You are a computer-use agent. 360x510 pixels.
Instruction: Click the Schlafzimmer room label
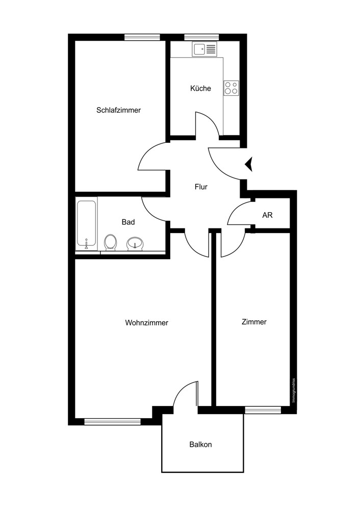pos(118,110)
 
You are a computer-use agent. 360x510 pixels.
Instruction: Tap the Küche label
pos(200,88)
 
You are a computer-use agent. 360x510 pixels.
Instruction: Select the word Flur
pos(201,187)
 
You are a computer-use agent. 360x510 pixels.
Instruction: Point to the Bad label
pos(128,222)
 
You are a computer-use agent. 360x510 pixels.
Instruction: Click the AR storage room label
pos(267,215)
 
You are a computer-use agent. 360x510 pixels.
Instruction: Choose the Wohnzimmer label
pos(146,323)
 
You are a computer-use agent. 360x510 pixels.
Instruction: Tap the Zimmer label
pos(254,322)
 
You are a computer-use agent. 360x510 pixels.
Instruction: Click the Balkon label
pos(200,444)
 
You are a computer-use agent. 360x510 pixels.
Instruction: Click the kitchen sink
pos(204,49)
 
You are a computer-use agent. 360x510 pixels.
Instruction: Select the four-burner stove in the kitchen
pos(231,88)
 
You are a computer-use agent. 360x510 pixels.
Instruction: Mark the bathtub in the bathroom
pos(87,224)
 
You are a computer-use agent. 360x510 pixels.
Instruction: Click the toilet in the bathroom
pos(110,242)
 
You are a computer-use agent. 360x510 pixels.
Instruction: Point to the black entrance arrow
pos(250,164)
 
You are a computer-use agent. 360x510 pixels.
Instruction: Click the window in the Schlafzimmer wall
pos(142,37)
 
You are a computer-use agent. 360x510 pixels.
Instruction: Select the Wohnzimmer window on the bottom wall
pos(112,422)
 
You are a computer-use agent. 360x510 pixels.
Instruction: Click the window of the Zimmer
pos(263,410)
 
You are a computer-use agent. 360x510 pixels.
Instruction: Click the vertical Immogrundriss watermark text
pos(294,390)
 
